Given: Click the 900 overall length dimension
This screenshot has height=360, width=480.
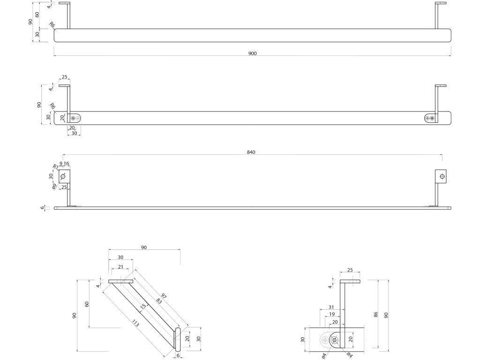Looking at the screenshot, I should (252, 53).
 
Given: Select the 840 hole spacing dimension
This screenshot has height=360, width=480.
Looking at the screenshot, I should (252, 152).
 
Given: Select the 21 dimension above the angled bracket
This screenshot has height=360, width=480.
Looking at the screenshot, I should (120, 267).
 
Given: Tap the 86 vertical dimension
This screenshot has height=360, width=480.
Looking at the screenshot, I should (376, 315).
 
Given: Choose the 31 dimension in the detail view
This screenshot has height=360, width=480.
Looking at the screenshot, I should (332, 307).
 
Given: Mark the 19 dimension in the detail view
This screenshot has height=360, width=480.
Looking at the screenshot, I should (332, 314).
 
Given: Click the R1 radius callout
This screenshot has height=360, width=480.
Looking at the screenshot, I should (55, 166).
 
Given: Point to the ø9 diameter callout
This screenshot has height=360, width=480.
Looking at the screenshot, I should (54, 186).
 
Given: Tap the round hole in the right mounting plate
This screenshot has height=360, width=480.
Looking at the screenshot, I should (441, 176).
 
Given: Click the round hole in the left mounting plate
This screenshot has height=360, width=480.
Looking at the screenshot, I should (63, 176).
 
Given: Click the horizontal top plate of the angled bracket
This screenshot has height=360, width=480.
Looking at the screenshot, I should (121, 282).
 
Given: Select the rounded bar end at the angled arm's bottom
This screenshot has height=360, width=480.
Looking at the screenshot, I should (178, 339).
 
